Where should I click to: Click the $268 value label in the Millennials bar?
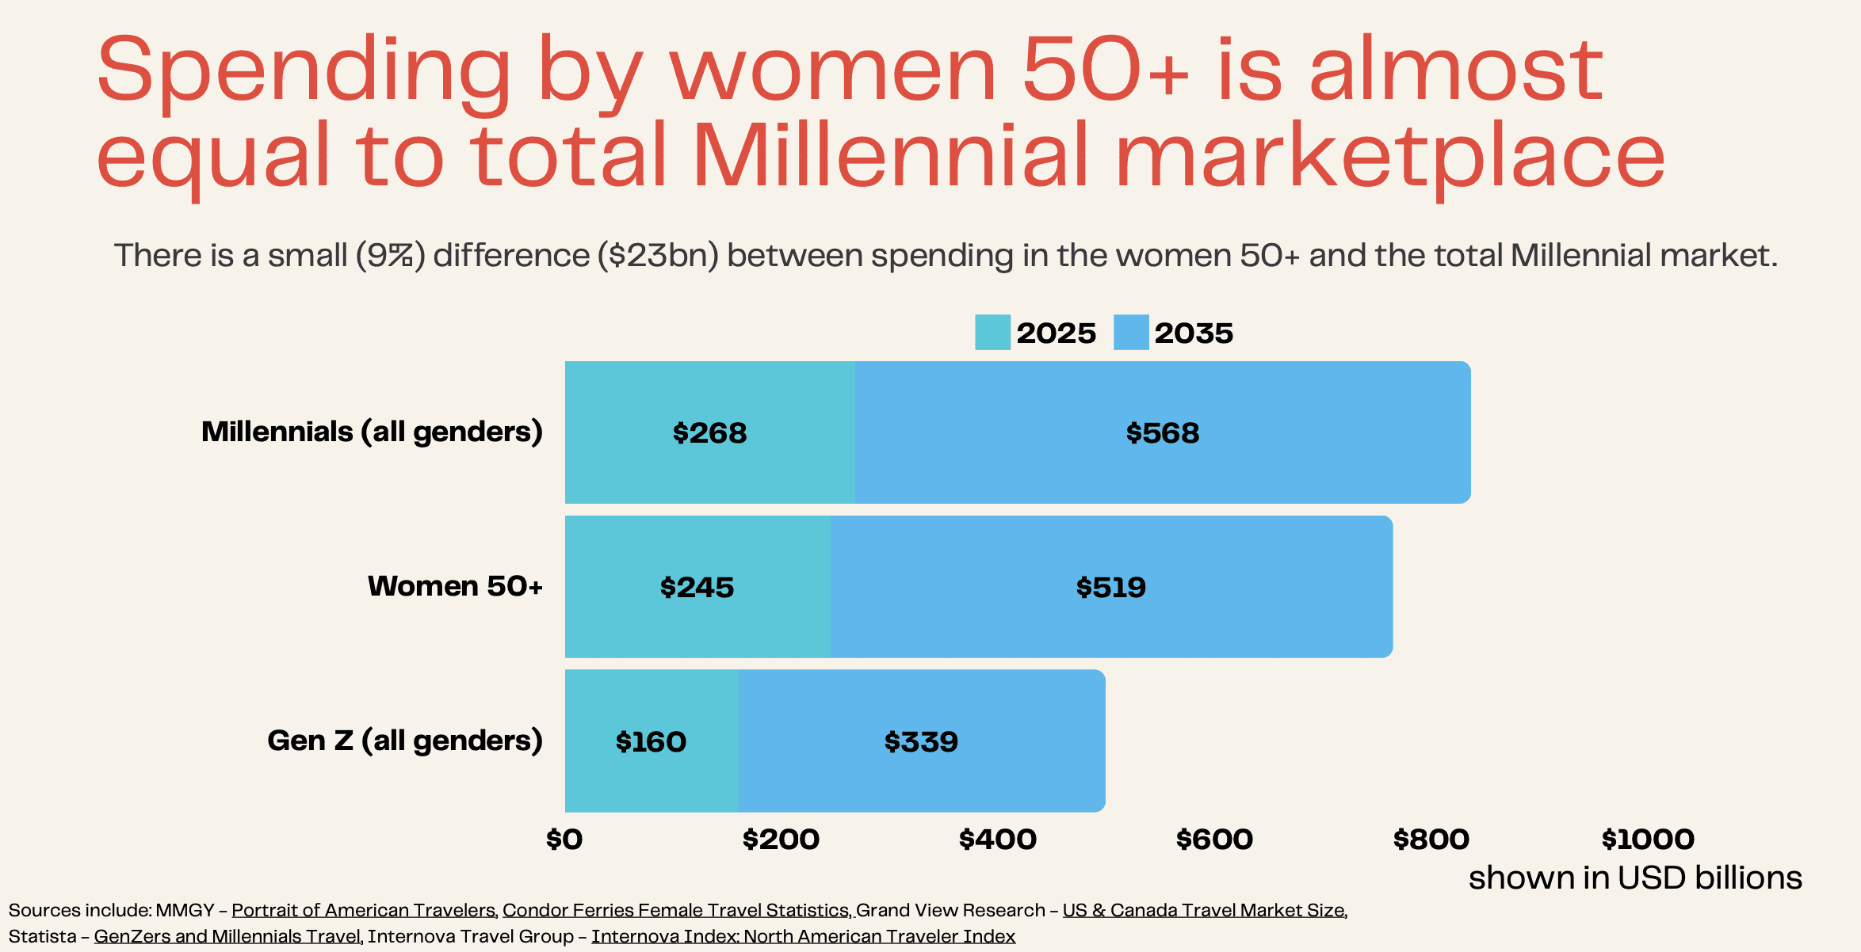coord(709,433)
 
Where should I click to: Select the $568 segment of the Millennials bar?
coord(1162,433)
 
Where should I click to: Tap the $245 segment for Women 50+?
coord(697,588)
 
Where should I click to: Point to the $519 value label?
coord(1110,588)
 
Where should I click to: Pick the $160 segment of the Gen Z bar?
coord(651,742)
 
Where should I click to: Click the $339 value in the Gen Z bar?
coord(921,742)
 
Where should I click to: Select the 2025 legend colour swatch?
coord(992,333)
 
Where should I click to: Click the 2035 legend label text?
coord(1194,333)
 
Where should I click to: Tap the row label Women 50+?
coord(455,586)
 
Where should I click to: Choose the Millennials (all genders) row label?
coord(372,432)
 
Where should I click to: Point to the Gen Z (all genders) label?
coord(404,741)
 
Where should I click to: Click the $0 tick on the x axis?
coord(564,840)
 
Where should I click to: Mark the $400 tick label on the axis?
coord(997,840)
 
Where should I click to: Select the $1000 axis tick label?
coord(1648,840)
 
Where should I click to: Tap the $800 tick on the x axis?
coord(1431,840)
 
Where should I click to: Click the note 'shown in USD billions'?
coord(1635,878)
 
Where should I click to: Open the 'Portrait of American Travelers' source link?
coord(363,911)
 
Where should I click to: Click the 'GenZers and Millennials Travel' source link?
coord(227,937)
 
